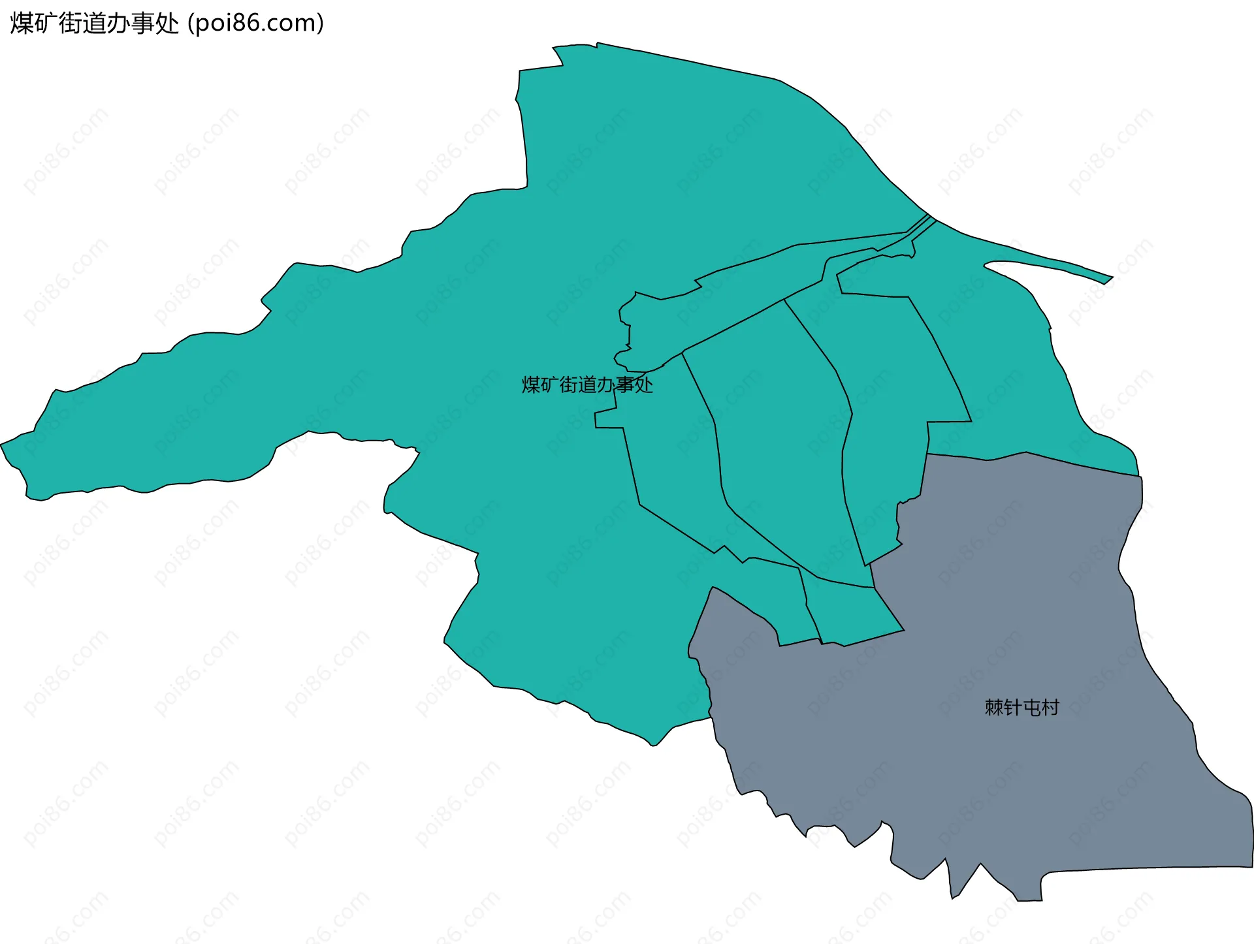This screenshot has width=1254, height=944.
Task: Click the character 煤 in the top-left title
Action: tap(22, 24)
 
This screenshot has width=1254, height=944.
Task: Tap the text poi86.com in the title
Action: tap(255, 24)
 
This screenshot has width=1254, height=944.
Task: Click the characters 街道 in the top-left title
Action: tap(82, 24)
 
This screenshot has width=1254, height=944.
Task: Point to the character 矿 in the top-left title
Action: tap(46, 24)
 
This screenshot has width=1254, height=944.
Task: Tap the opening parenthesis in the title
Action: tap(190, 24)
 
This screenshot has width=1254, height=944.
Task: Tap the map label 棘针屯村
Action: tap(1021, 708)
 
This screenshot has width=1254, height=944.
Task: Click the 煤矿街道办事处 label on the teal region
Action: tap(587, 385)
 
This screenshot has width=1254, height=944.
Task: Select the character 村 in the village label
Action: tap(1050, 708)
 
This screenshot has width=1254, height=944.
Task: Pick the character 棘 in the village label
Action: tap(994, 708)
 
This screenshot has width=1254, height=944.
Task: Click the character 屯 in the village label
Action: tap(1031, 708)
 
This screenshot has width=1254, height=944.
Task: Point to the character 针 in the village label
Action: tap(1012, 708)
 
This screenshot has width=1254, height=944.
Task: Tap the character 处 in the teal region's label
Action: tap(644, 385)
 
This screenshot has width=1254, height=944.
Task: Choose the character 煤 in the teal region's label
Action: tap(531, 385)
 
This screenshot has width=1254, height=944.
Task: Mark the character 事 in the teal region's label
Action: tap(625, 385)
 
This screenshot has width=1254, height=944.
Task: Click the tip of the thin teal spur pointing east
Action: tap(1112, 278)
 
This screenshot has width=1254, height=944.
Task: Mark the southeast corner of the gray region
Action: tap(1251, 866)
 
